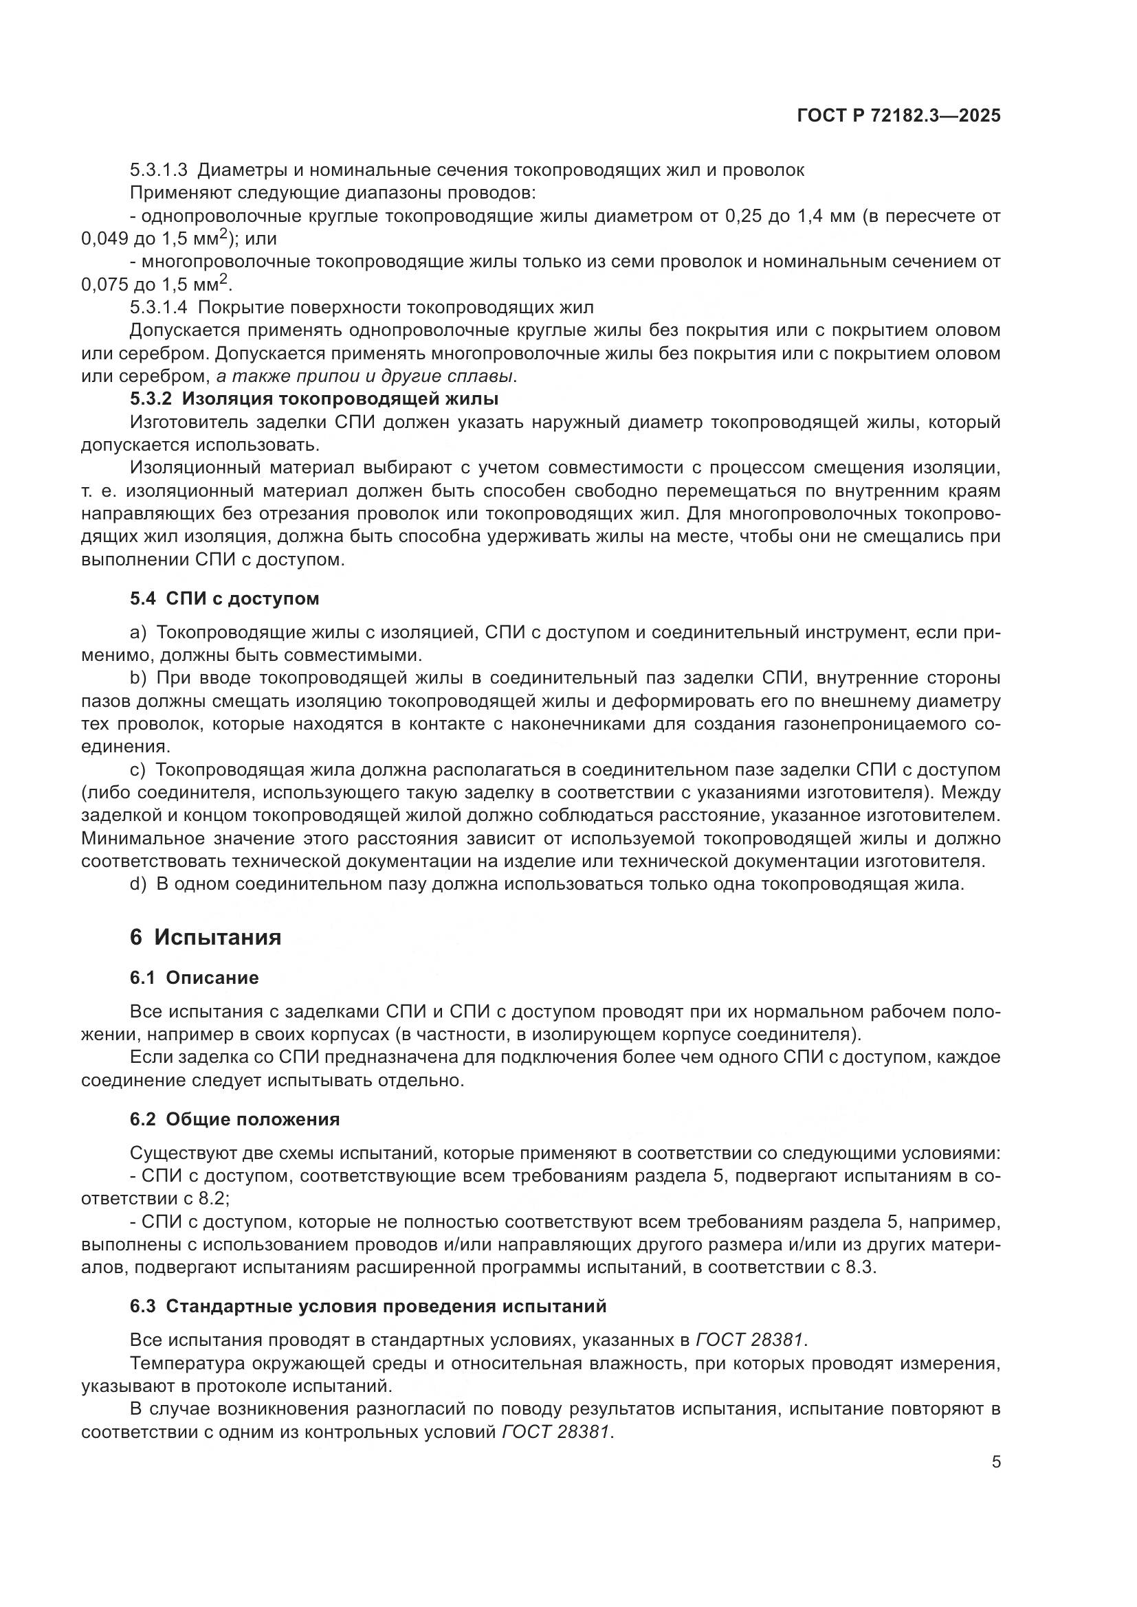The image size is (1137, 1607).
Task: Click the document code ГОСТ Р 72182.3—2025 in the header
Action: point(898,115)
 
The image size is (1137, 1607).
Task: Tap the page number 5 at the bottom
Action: point(995,1462)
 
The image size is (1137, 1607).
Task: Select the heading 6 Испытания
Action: point(205,936)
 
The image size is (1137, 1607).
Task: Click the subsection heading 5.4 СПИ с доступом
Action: point(224,598)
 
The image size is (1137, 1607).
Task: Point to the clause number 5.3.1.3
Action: point(159,170)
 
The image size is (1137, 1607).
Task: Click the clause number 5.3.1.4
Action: point(159,307)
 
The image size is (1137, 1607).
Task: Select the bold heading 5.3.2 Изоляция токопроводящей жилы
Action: point(313,399)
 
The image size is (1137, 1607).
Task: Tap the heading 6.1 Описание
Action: point(194,978)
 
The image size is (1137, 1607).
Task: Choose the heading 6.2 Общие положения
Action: point(234,1119)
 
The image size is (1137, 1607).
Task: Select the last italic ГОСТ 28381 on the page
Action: point(557,1432)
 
